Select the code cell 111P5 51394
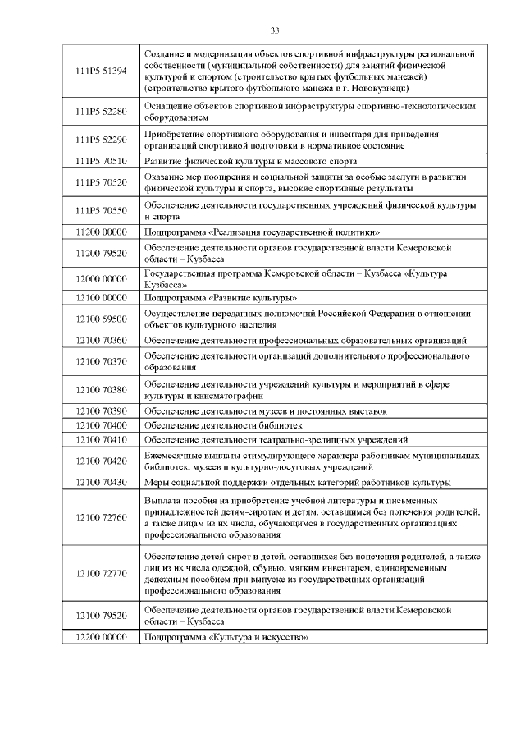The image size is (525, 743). pyautogui.click(x=101, y=71)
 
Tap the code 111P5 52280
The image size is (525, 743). pyautogui.click(x=101, y=112)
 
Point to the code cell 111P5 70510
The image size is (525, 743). pyautogui.click(x=101, y=161)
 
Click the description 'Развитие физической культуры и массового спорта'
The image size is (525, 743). pyautogui.click(x=252, y=161)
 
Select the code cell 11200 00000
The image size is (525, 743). pyautogui.click(x=101, y=232)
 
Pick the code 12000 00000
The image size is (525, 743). pyautogui.click(x=101, y=278)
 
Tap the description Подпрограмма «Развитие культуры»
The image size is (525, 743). pyautogui.click(x=221, y=297)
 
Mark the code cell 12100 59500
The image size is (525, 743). pyautogui.click(x=101, y=319)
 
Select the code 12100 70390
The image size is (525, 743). pyautogui.click(x=101, y=410)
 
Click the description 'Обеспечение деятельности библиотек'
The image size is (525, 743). pyautogui.click(x=223, y=425)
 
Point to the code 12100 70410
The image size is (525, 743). pyautogui.click(x=101, y=439)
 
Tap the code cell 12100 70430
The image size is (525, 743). pyautogui.click(x=101, y=482)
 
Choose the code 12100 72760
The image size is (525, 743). pyautogui.click(x=101, y=517)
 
